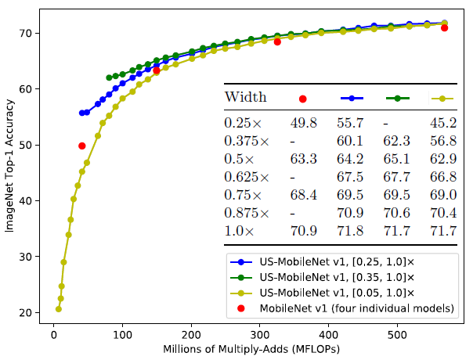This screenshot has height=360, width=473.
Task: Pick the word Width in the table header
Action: coord(246,98)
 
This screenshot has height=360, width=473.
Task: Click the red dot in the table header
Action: coord(302,99)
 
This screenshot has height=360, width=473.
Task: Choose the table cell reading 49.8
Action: coord(302,123)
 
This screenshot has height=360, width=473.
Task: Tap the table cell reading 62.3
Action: coord(398,141)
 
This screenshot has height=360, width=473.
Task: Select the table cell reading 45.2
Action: coord(443,123)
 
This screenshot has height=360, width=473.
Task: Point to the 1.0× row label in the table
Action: coord(240,231)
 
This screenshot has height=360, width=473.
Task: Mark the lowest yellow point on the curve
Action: coord(58,309)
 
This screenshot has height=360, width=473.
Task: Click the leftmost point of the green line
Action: coord(109,77)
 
